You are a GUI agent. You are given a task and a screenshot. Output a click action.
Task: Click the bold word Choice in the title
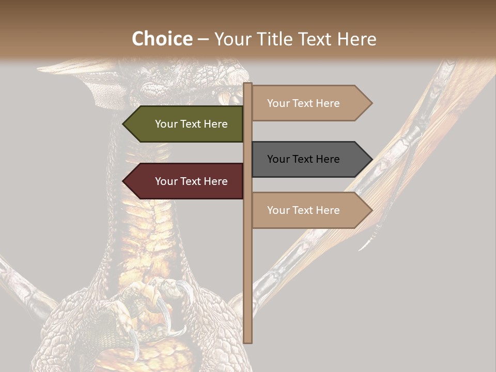[162, 39]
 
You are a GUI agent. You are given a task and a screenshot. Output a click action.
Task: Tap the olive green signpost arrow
[183, 124]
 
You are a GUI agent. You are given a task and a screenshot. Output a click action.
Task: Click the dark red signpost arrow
[183, 181]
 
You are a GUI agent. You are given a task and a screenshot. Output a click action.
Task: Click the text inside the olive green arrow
[191, 124]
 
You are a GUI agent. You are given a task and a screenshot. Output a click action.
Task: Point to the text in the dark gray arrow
[303, 159]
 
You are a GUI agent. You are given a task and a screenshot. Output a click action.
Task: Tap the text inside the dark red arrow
[191, 181]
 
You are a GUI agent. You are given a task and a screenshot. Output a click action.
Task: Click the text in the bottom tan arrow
[303, 210]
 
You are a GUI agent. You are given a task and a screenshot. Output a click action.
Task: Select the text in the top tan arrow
[303, 103]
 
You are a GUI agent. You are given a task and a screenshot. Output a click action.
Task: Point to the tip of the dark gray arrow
[371, 159]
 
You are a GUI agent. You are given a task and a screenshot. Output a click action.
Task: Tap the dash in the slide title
[203, 40]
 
